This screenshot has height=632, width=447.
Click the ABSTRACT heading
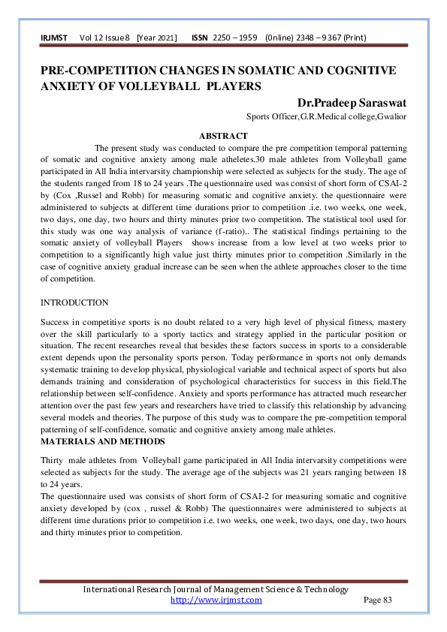[223, 136]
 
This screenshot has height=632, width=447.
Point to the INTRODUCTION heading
[74, 302]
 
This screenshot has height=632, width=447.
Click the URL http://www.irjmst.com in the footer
[216, 600]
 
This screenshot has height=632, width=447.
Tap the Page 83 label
[377, 600]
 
